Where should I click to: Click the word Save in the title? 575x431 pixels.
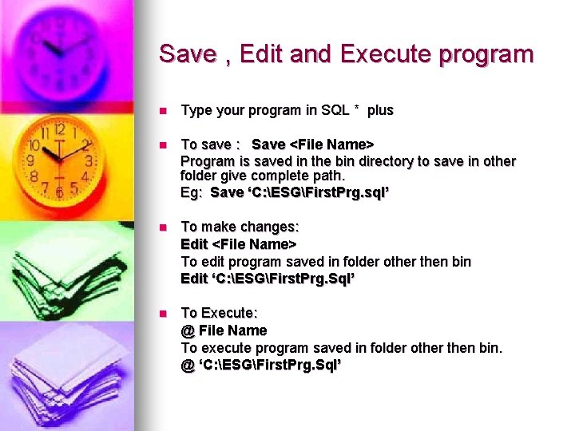point(188,54)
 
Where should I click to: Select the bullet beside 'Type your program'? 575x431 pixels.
point(162,111)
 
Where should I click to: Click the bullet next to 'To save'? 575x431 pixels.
point(162,144)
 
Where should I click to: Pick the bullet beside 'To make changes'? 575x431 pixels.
point(162,227)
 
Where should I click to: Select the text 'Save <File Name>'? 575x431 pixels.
point(312,144)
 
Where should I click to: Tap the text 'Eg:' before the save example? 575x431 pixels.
point(192,193)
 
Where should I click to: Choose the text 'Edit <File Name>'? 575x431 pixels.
point(239,244)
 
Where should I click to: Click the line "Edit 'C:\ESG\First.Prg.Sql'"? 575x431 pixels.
point(267,278)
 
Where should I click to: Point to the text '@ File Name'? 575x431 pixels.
point(224,330)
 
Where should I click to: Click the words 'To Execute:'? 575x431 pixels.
point(220,313)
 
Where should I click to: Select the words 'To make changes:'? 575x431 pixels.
point(234,227)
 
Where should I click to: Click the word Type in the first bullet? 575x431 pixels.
point(196,110)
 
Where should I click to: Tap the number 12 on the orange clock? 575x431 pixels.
point(58,129)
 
